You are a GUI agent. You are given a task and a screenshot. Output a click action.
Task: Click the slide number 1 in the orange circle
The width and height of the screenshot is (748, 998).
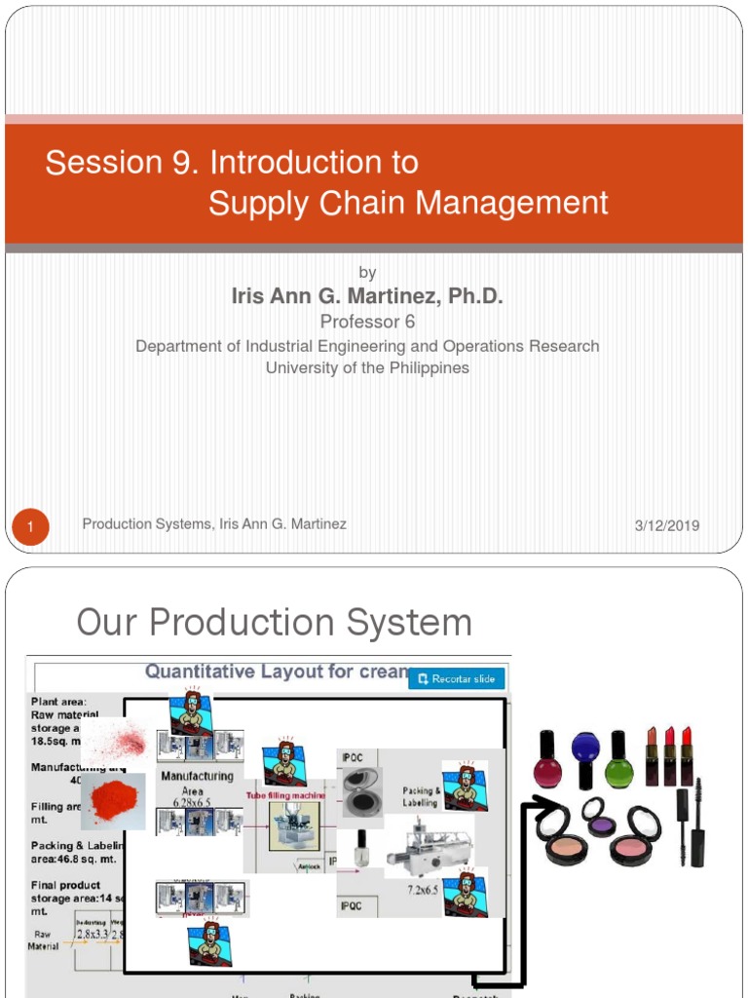point(30,528)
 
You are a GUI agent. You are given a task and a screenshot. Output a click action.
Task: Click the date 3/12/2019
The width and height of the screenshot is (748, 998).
point(667,525)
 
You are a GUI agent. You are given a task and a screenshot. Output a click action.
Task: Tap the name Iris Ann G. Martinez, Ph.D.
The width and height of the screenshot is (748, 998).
point(367,296)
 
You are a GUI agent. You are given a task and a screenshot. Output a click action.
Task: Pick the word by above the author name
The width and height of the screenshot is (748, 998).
point(367,273)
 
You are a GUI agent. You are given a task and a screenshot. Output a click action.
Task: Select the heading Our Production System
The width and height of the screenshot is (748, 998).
point(274,623)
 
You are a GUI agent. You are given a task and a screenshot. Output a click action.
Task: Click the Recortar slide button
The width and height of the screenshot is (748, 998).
point(457,678)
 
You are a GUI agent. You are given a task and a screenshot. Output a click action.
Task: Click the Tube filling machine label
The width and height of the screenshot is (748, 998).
point(287,796)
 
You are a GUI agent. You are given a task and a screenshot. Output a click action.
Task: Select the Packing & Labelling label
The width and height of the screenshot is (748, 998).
point(421,797)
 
